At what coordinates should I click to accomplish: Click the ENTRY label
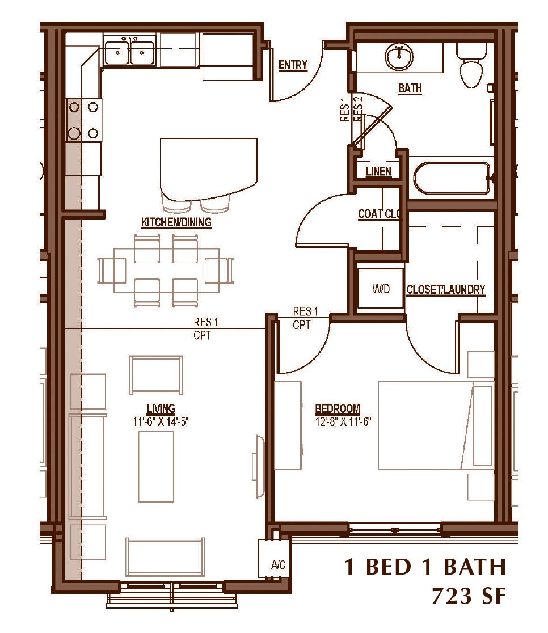tap(293, 65)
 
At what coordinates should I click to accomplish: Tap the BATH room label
tap(410, 88)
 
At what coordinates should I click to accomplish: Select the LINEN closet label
tap(378, 171)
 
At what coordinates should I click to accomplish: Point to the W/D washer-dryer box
tap(381, 288)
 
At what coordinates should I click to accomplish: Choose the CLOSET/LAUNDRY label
tap(446, 289)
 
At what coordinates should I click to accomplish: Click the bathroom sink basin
tap(399, 57)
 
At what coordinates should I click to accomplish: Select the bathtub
tap(452, 178)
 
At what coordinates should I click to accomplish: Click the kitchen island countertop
tap(208, 169)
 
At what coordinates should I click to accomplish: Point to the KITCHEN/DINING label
tap(176, 222)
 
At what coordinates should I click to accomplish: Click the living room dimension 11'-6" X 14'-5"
tap(161, 422)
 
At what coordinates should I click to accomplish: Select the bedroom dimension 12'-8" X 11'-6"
tap(343, 422)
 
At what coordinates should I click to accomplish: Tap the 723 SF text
tap(469, 596)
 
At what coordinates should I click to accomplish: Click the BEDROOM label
tap(338, 408)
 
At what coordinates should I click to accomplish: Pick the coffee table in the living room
tap(156, 467)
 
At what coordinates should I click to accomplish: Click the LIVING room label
tap(161, 408)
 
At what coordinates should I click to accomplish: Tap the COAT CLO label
tap(379, 214)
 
